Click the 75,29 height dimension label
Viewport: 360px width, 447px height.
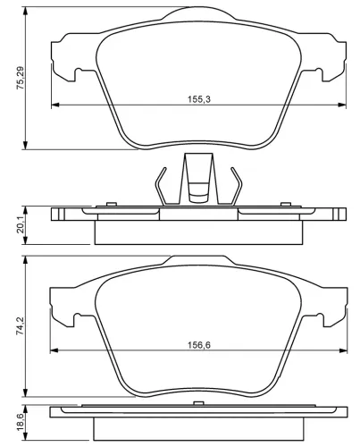(x=21, y=78)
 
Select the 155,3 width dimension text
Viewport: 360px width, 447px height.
(x=199, y=99)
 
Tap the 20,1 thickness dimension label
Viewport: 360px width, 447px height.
(x=21, y=225)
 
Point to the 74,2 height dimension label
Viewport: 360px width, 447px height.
(x=21, y=326)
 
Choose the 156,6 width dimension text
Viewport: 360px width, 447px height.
(x=199, y=345)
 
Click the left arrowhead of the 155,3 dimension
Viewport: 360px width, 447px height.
(x=55, y=105)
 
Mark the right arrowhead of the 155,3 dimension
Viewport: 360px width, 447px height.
(x=342, y=105)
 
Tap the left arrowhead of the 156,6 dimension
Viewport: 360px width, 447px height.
(x=54, y=350)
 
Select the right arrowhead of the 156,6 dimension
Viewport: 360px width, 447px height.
(x=343, y=350)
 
